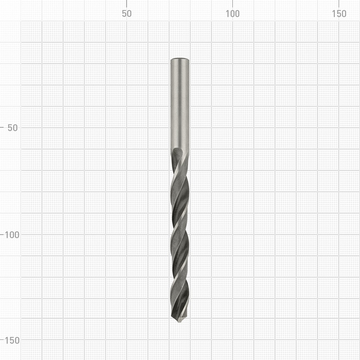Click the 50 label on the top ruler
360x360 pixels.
click(x=126, y=13)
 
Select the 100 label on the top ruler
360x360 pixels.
click(x=232, y=13)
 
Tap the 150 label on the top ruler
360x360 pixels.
click(x=339, y=13)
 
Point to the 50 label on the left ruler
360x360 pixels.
click(x=13, y=128)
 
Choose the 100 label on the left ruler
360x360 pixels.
click(x=12, y=235)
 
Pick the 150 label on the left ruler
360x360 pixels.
click(x=12, y=341)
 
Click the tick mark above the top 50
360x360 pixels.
click(x=126, y=4)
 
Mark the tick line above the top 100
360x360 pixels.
click(x=233, y=4)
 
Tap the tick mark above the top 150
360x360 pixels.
click(x=339, y=4)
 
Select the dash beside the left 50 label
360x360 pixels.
click(x=2, y=127)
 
